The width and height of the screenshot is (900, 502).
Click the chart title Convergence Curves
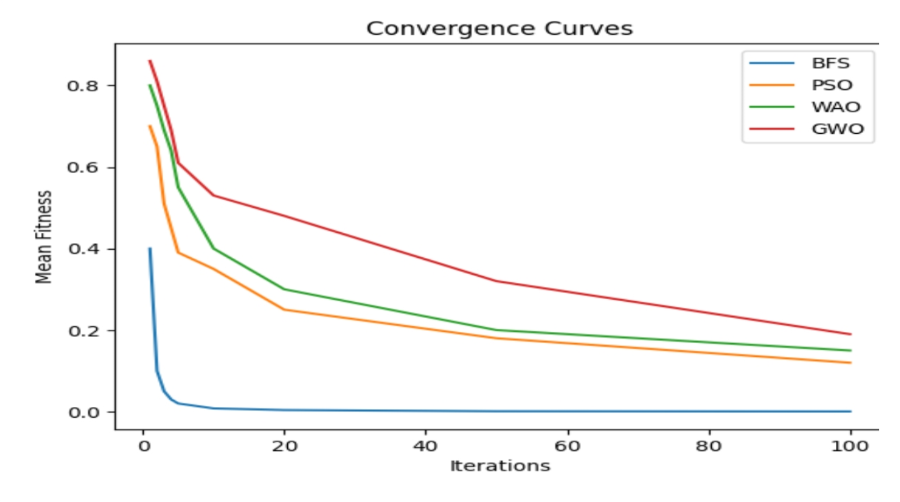click(499, 28)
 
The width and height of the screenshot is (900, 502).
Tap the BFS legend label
click(830, 63)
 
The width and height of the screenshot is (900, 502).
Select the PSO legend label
click(831, 85)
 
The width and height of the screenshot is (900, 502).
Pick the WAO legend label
click(836, 107)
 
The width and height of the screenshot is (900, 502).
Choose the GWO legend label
click(837, 129)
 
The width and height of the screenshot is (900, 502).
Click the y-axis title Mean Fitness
click(44, 237)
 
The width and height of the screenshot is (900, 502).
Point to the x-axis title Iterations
click(500, 466)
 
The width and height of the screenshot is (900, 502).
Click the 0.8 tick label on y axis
click(83, 86)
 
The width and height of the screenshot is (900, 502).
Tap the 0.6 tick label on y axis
click(83, 168)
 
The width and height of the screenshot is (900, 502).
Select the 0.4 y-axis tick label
click(83, 249)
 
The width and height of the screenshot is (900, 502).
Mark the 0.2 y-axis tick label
click(83, 331)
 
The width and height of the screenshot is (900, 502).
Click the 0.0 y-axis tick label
click(83, 412)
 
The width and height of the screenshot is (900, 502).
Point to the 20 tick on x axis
click(284, 447)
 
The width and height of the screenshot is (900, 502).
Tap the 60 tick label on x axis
click(567, 447)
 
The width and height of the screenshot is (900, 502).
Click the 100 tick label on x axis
click(849, 447)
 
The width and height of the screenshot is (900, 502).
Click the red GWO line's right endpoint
click(850, 334)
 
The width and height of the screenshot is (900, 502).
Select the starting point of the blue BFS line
click(150, 249)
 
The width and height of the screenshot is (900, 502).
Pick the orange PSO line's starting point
click(150, 126)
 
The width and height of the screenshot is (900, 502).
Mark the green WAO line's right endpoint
click(850, 350)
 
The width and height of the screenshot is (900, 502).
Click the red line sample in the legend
click(772, 129)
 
